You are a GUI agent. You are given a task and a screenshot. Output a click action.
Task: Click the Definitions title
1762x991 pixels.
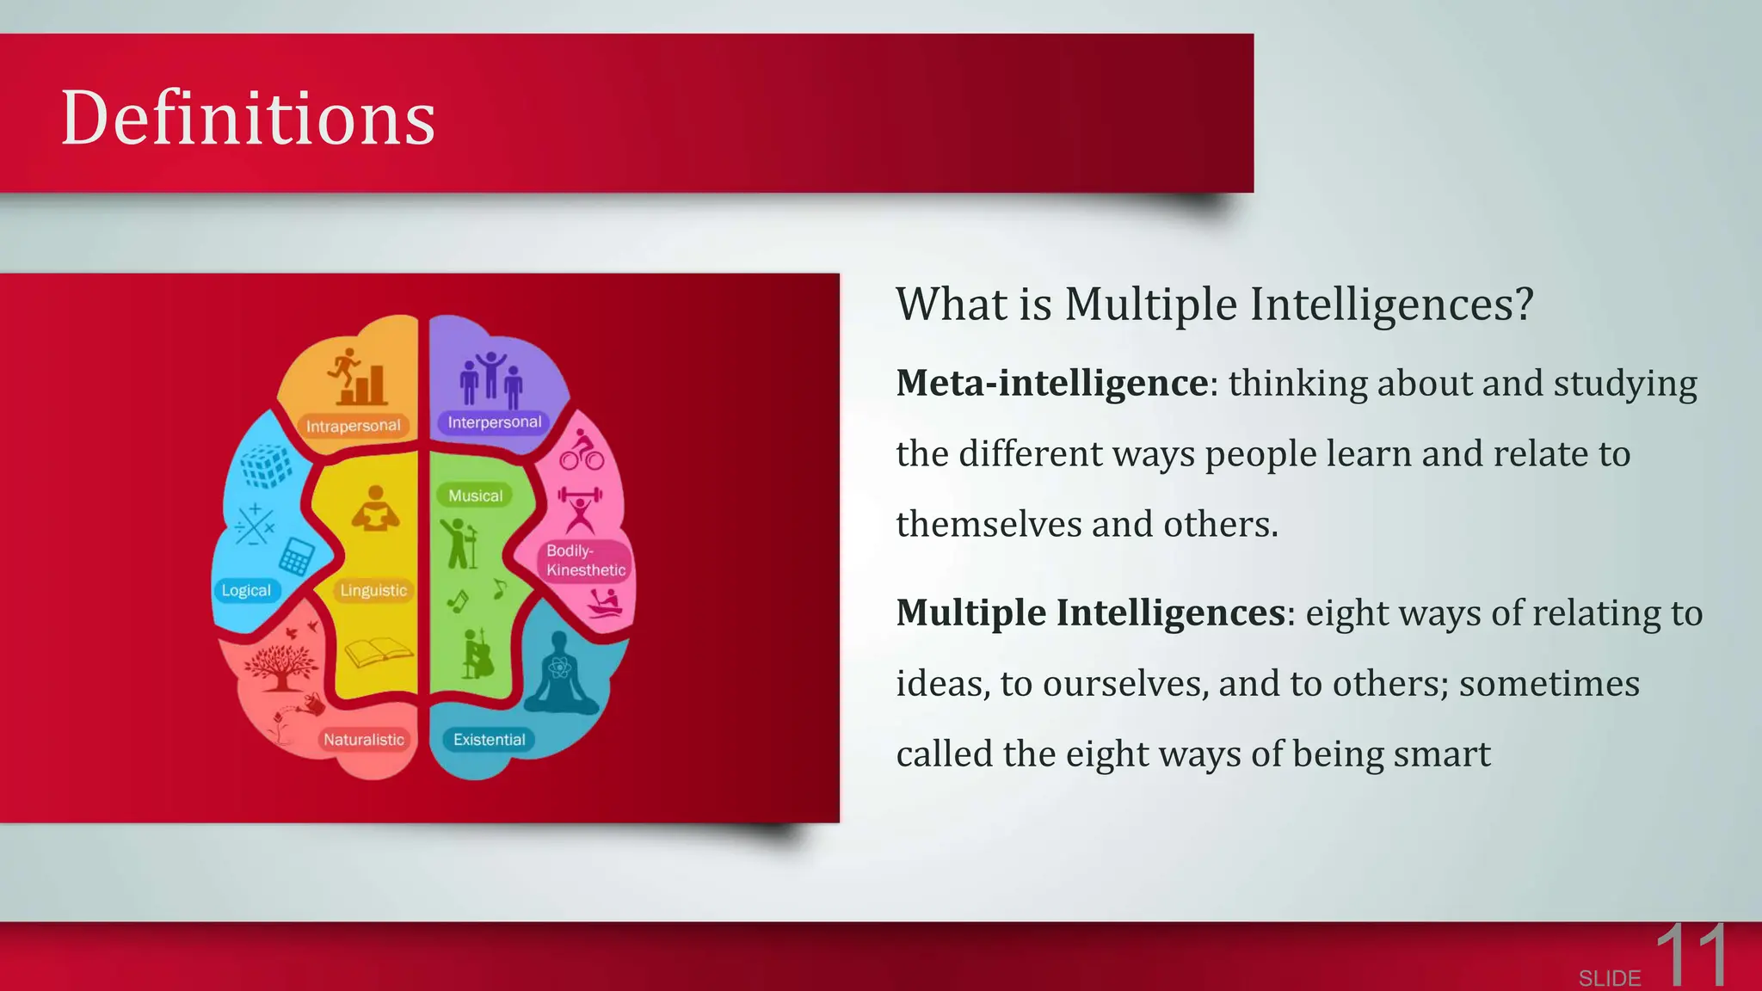(248, 118)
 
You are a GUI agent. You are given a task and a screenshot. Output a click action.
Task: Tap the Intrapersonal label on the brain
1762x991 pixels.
(353, 426)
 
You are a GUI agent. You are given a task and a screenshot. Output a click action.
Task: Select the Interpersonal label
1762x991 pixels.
(494, 422)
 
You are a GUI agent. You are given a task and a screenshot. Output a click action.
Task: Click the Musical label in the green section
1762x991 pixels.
(475, 495)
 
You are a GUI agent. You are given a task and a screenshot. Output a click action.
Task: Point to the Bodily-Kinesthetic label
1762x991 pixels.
(585, 560)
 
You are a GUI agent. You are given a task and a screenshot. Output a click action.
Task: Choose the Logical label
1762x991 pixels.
(246, 590)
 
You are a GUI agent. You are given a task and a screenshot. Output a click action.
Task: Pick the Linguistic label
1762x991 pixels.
(373, 590)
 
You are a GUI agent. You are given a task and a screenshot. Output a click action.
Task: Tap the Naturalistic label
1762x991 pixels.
(363, 739)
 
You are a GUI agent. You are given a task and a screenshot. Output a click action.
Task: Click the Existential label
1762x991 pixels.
(489, 739)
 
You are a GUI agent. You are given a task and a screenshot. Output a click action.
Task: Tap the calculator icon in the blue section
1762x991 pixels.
(295, 557)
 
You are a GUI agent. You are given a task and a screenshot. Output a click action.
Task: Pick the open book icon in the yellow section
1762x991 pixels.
(379, 651)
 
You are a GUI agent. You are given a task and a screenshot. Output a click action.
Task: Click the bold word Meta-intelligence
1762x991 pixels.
(1051, 383)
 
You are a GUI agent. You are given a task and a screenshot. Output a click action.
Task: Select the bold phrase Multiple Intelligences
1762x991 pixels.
(1090, 612)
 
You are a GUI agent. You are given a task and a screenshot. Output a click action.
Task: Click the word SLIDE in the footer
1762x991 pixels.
(1609, 978)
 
